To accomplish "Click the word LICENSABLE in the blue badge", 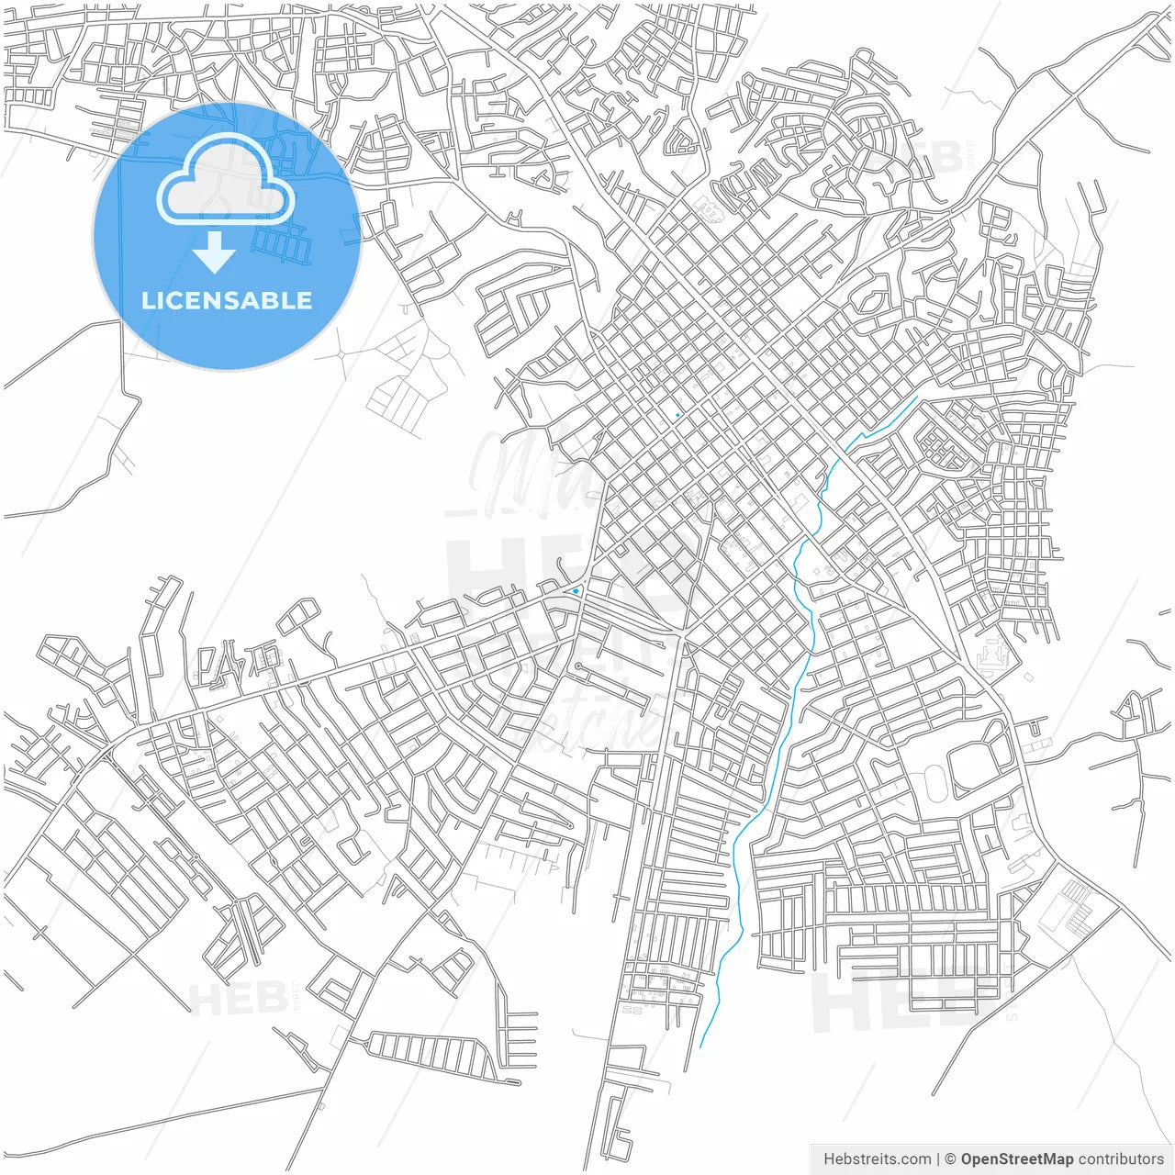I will coord(227,300).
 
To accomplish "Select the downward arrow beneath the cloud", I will coord(215,253).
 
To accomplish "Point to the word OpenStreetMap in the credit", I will coord(1017,1159).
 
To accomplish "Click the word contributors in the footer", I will coord(1121,1159).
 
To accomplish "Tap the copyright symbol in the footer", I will coord(951,1159).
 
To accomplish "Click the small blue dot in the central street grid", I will coord(677,416).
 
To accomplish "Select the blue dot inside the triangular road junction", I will coord(576,590).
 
